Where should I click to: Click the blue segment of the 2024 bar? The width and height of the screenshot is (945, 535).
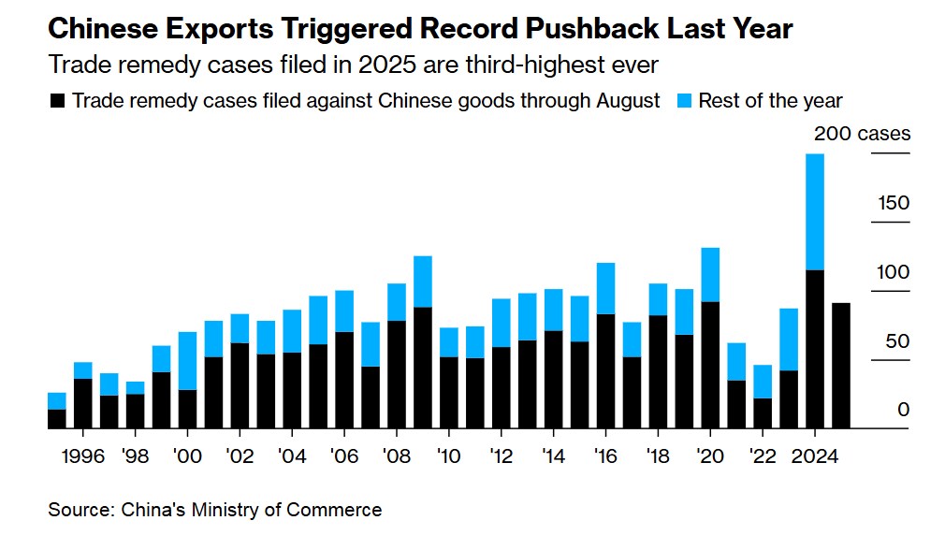(x=814, y=211)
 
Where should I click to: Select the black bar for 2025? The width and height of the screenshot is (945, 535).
(x=840, y=366)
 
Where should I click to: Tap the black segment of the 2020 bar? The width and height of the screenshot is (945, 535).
(x=709, y=365)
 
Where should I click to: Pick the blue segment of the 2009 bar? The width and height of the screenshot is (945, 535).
(x=422, y=281)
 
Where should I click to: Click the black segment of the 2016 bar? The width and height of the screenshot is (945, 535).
(x=605, y=371)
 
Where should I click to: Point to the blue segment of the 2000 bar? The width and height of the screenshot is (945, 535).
(x=187, y=360)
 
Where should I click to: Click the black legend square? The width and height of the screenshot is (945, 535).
(x=57, y=101)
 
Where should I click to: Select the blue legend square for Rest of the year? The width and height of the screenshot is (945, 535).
(x=682, y=101)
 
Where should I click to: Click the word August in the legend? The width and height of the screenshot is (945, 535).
(x=628, y=101)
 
